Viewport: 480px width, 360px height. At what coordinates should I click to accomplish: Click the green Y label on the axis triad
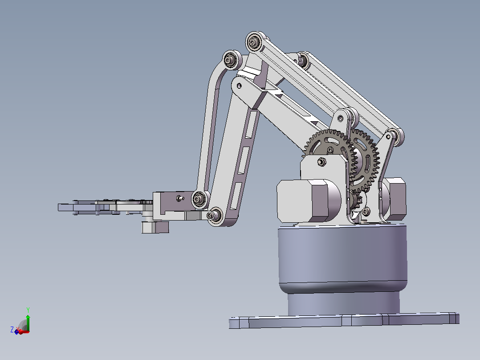tap(28, 310)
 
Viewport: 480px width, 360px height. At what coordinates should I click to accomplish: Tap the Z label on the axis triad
tap(12, 330)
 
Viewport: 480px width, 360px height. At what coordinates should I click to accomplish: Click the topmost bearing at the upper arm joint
tap(254, 42)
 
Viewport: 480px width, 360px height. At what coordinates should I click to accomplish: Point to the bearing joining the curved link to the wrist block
tap(200, 200)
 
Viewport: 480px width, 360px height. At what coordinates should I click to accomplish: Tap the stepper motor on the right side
tap(394, 199)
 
